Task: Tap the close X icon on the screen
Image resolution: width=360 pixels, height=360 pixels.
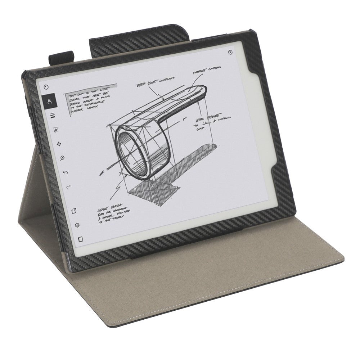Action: pos(230,52)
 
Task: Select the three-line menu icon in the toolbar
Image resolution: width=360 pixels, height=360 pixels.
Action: pos(52,116)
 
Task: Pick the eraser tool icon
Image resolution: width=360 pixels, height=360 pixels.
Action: pos(56,130)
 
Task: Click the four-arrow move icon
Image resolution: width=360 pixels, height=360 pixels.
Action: pos(59,144)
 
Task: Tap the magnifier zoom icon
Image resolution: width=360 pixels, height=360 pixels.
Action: pos(62,158)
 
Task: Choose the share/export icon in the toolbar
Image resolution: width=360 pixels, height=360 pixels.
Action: pos(74,211)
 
